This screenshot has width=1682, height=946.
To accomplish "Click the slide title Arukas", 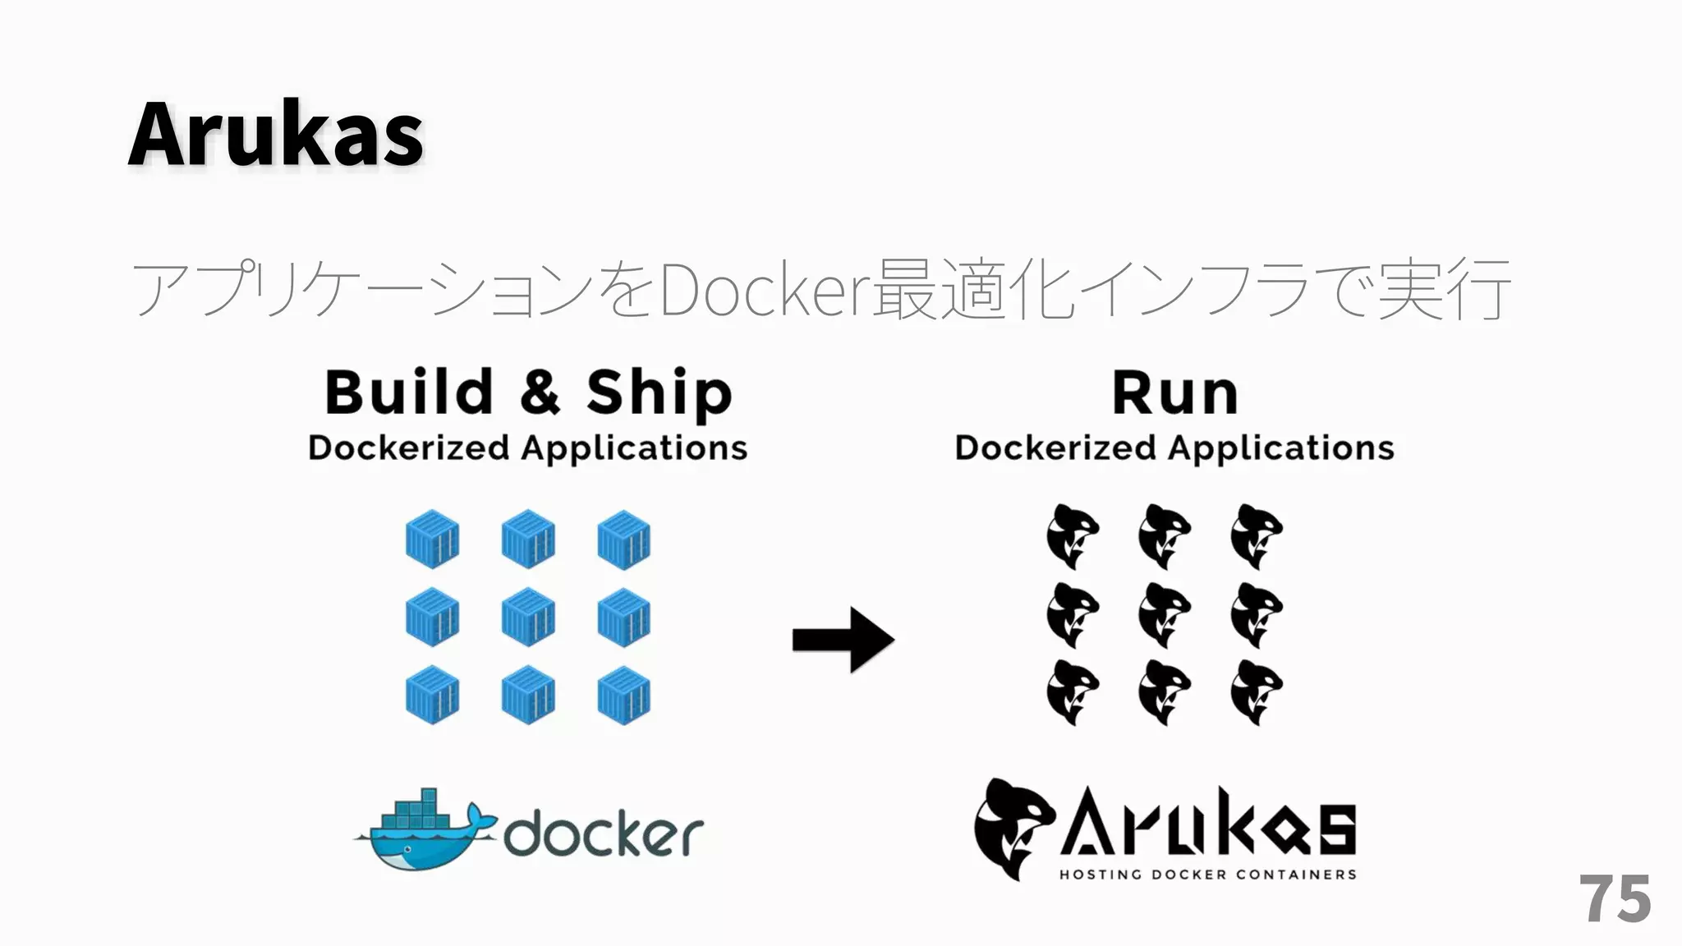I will tap(275, 134).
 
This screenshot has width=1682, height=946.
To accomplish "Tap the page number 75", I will tap(1614, 899).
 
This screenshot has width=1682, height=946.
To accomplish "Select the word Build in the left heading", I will tap(408, 392).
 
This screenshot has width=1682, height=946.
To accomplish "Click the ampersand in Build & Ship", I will tap(540, 392).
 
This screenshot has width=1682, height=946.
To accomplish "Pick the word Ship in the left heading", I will tap(659, 393).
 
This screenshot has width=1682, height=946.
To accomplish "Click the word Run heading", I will tap(1174, 393).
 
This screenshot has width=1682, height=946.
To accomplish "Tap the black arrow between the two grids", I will tap(843, 640).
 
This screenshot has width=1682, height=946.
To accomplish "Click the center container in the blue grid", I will tap(528, 617).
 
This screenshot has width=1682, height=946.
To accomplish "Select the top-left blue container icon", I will tap(432, 540).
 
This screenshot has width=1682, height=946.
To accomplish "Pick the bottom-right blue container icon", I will tap(624, 695).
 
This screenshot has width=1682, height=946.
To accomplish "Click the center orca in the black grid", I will tap(1164, 614).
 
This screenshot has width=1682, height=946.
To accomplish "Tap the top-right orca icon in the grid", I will tap(1256, 536).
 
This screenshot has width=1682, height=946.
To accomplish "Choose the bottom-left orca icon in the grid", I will tap(1072, 692).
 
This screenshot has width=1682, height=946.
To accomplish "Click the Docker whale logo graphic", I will tap(425, 831).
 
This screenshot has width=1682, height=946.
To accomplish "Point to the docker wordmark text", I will tap(604, 835).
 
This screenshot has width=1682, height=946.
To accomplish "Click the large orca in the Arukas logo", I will tap(1012, 828).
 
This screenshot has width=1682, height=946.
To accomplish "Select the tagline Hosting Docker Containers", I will tap(1207, 875).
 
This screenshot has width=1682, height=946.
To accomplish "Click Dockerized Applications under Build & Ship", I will tap(527, 448).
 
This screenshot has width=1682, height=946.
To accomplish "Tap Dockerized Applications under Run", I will tap(1174, 448).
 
